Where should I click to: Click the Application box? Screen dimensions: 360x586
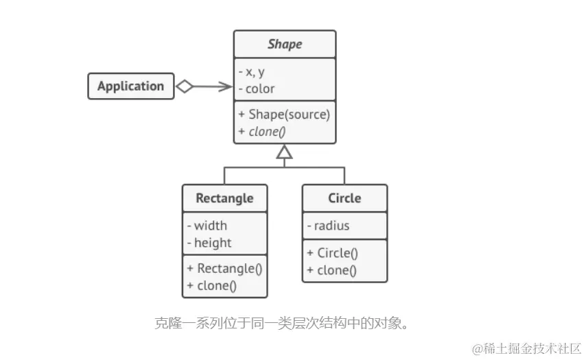(x=130, y=86)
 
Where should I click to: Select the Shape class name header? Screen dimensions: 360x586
(x=285, y=44)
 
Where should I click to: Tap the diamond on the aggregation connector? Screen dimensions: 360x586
(x=185, y=86)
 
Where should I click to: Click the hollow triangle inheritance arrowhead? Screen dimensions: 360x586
(x=284, y=152)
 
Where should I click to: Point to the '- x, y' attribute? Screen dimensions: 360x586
(x=251, y=71)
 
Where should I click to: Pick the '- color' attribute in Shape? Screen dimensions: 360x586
(x=256, y=88)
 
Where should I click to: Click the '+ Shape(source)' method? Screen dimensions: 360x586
(x=284, y=114)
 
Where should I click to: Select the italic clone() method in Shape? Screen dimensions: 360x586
(x=261, y=131)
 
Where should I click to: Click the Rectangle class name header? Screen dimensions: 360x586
(x=224, y=198)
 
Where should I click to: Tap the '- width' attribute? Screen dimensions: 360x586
(x=207, y=226)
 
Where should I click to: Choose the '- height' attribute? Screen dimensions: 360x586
(x=209, y=243)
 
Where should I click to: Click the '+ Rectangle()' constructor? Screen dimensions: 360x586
(x=224, y=269)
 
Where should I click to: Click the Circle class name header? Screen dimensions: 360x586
(x=344, y=198)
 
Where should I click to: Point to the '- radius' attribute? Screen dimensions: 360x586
(x=328, y=226)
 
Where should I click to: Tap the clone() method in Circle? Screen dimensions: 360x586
(x=331, y=270)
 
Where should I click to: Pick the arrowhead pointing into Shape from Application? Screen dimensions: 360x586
(x=226, y=86)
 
